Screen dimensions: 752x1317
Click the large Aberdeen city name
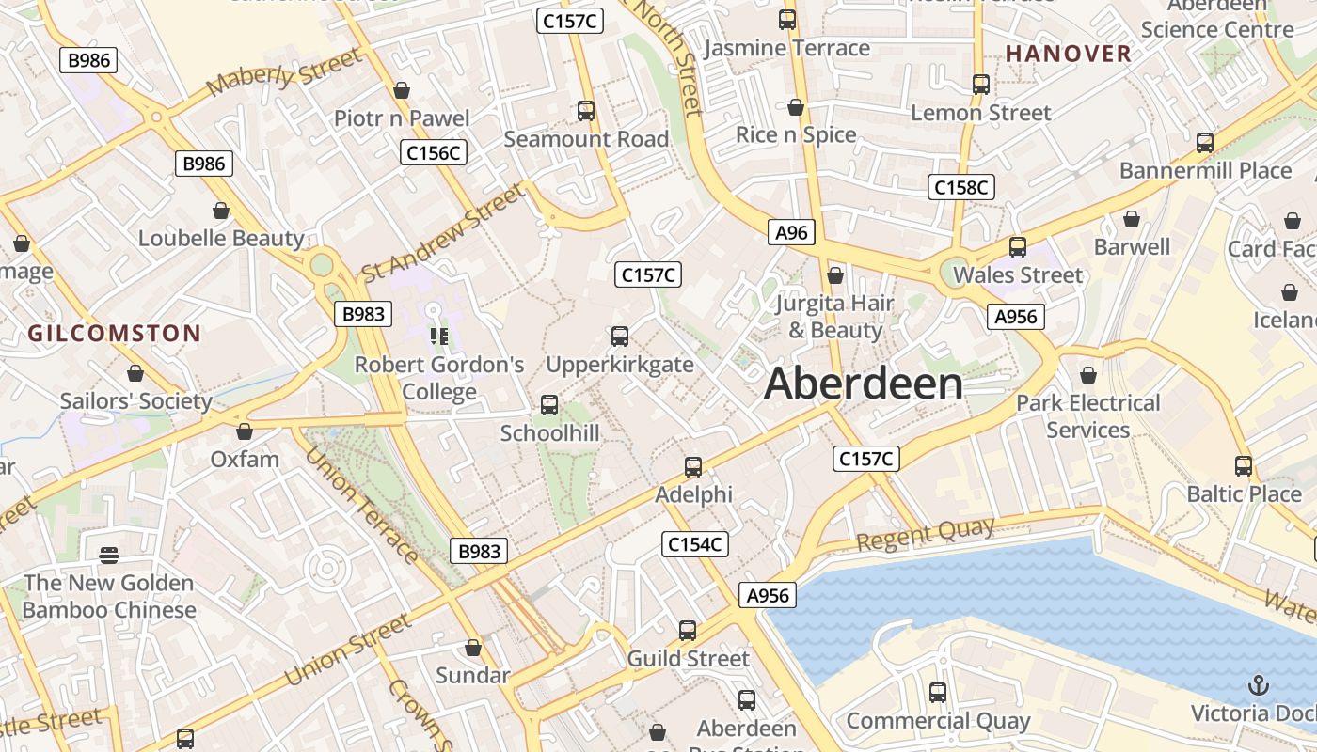pyautogui.click(x=864, y=384)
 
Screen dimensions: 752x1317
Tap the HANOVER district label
pyautogui.click(x=1068, y=54)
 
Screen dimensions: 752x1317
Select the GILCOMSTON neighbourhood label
pyautogui.click(x=114, y=333)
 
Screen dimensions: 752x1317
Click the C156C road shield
pyautogui.click(x=434, y=152)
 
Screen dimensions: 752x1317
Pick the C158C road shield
pyautogui.click(x=960, y=187)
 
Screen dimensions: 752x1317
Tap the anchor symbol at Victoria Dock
pyautogui.click(x=1258, y=684)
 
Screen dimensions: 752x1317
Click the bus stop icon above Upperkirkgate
pyautogui.click(x=620, y=337)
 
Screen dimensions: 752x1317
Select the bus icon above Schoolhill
pyautogui.click(x=549, y=405)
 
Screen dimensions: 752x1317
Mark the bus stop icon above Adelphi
pyautogui.click(x=693, y=466)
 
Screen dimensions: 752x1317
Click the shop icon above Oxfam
pyautogui.click(x=245, y=431)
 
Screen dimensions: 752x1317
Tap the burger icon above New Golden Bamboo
pyautogui.click(x=108, y=555)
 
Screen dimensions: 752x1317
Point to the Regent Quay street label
pyautogui.click(x=926, y=535)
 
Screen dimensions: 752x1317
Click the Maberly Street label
pyautogui.click(x=284, y=71)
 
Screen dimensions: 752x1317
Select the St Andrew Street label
pyautogui.click(x=443, y=232)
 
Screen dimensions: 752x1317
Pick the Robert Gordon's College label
pyautogui.click(x=439, y=378)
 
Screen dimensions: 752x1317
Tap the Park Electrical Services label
pyautogui.click(x=1088, y=416)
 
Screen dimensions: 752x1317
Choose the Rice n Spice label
pyautogui.click(x=796, y=134)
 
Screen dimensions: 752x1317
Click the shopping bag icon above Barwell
pyautogui.click(x=1132, y=219)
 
